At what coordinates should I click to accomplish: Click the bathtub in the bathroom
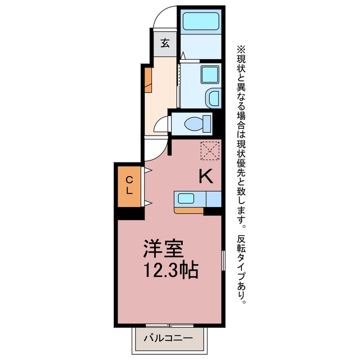click(200, 21)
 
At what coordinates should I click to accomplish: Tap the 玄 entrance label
click(165, 43)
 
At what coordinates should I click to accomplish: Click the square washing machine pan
click(209, 74)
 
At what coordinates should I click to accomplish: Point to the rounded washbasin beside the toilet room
click(214, 98)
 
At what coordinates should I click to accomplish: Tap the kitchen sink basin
click(186, 198)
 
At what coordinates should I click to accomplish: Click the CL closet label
click(129, 185)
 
